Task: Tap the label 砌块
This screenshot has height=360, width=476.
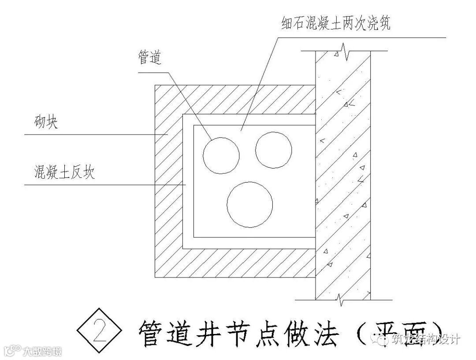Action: pyautogui.click(x=45, y=122)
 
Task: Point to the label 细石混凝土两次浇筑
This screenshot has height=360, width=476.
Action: pyautogui.click(x=335, y=22)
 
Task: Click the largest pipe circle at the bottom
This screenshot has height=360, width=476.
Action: pyautogui.click(x=249, y=204)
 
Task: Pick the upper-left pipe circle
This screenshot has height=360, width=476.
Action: pyautogui.click(x=221, y=155)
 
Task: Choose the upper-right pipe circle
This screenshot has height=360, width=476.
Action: pyautogui.click(x=273, y=150)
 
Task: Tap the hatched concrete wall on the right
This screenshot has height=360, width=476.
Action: pyautogui.click(x=343, y=176)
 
